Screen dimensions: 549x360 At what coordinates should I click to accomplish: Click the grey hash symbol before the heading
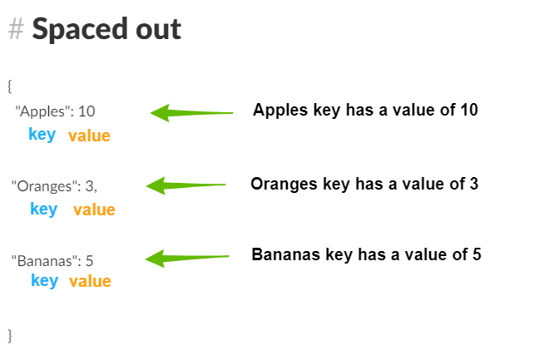(x=16, y=29)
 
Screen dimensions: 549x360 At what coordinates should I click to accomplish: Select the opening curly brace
(x=10, y=86)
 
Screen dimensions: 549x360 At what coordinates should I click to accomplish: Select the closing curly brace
(x=10, y=336)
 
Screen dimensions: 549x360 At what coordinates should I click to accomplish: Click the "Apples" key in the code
(x=40, y=112)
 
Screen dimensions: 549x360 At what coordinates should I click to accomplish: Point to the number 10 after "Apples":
(x=87, y=111)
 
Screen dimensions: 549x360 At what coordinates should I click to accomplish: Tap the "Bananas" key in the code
(x=44, y=261)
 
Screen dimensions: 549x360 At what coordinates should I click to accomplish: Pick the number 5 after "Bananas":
(x=89, y=261)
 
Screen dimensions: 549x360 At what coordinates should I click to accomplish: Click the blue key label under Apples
(x=42, y=135)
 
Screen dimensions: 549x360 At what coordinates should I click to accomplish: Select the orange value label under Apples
(x=89, y=136)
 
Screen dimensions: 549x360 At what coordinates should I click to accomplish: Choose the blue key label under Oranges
(x=44, y=210)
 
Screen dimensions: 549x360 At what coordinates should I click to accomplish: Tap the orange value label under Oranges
(x=94, y=210)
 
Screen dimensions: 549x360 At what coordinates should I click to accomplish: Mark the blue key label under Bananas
(x=44, y=280)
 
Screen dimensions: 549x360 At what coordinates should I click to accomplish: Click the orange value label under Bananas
(x=90, y=281)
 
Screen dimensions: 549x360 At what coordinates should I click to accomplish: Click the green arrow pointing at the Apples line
(x=191, y=113)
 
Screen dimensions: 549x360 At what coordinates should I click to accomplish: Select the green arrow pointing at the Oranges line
(x=185, y=185)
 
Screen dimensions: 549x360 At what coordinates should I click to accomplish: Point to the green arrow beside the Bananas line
(x=187, y=259)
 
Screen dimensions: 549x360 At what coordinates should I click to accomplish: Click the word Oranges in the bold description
(x=284, y=185)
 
